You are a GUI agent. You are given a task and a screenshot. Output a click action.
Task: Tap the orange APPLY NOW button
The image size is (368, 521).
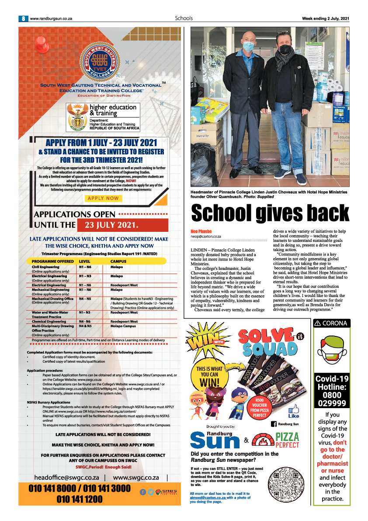click(x=103, y=198)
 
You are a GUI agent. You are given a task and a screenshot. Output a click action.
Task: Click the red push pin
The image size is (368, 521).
click(x=42, y=44)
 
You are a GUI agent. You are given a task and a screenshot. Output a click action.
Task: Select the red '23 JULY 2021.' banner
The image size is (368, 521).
click(x=122, y=226)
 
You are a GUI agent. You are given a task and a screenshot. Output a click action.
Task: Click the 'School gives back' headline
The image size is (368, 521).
click(x=271, y=213)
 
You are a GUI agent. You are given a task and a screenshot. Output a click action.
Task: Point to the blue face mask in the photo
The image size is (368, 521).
click(x=248, y=46)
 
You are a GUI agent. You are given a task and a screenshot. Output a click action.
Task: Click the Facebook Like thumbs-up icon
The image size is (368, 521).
click(x=294, y=410)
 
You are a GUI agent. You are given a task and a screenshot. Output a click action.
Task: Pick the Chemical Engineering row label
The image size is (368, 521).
click(x=52, y=322)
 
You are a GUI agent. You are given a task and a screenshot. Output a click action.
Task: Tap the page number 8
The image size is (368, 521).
click(x=23, y=18)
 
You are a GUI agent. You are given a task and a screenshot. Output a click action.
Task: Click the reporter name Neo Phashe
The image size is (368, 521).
click(x=201, y=231)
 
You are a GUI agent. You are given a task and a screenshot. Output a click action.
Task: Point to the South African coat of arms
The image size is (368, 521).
click(x=77, y=118)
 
